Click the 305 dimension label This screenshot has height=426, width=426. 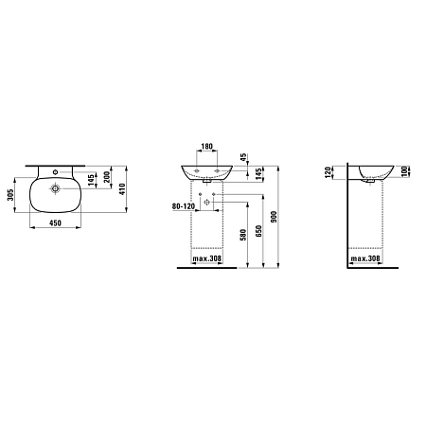10,195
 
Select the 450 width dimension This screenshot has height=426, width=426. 55,223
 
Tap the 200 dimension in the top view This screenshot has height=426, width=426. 107,177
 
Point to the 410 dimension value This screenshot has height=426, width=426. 122,189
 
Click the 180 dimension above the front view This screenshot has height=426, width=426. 207,147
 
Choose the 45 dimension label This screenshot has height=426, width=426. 243,157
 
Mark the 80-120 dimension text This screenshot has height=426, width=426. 184,206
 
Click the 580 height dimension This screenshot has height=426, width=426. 242,235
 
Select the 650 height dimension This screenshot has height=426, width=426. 258,231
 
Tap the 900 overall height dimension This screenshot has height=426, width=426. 274,217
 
